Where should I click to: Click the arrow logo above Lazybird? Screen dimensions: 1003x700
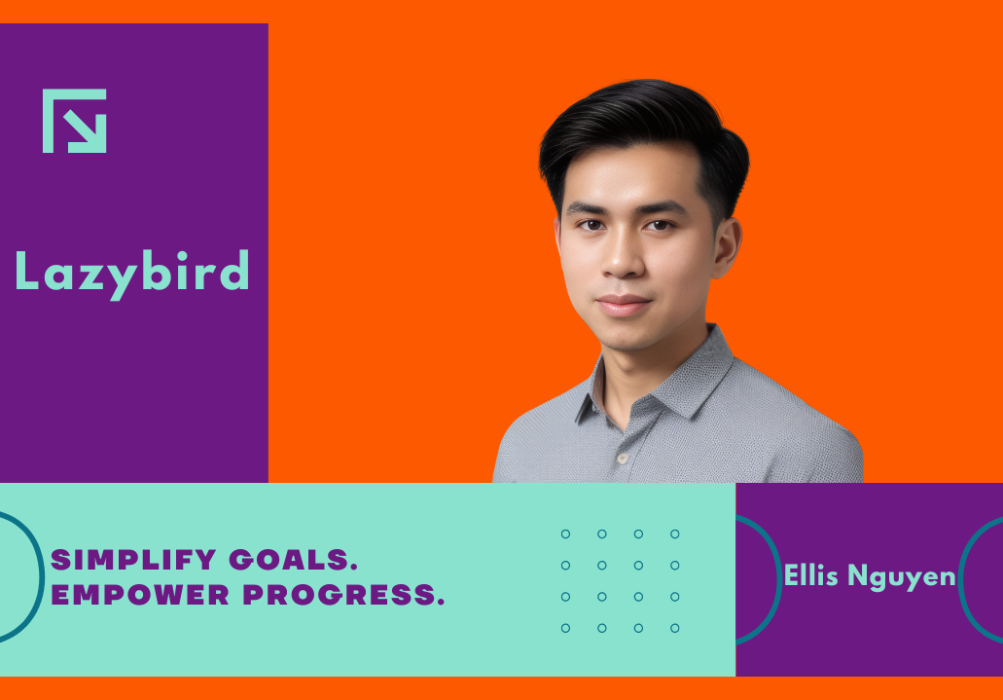click(74, 121)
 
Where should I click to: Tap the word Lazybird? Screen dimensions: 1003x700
click(131, 274)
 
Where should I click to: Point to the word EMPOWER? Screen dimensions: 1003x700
click(139, 594)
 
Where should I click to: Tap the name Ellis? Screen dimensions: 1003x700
click(810, 574)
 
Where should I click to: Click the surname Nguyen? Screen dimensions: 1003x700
click(901, 577)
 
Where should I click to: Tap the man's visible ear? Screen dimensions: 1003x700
click(726, 248)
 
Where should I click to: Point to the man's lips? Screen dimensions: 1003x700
click(623, 305)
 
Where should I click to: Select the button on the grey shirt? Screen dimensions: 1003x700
click(621, 459)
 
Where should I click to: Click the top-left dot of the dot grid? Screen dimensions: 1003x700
click(565, 534)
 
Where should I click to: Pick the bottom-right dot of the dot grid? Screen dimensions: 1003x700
click(675, 628)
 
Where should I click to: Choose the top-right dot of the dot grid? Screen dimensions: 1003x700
click(675, 534)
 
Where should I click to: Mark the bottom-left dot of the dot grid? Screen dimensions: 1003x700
click(565, 628)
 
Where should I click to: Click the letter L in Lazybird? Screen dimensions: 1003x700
click(26, 271)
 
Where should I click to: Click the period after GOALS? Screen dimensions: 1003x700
click(353, 568)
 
